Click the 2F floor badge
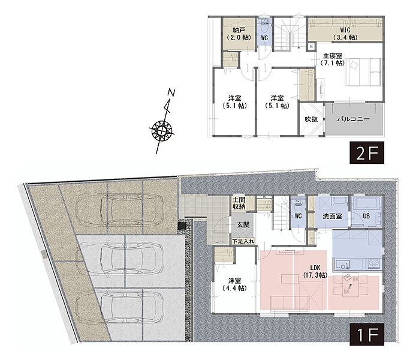367,153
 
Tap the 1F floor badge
367,334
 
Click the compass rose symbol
162,131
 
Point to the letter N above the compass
171,93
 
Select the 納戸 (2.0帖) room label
239,34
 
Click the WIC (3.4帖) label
345,34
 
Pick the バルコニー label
354,119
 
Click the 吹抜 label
311,119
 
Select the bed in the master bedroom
363,72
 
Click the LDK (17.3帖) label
315,271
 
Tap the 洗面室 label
332,216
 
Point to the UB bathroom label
366,216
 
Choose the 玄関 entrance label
243,224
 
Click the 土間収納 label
239,203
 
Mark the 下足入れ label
243,241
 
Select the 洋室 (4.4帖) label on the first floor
234,284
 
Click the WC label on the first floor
299,216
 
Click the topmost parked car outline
119,208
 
